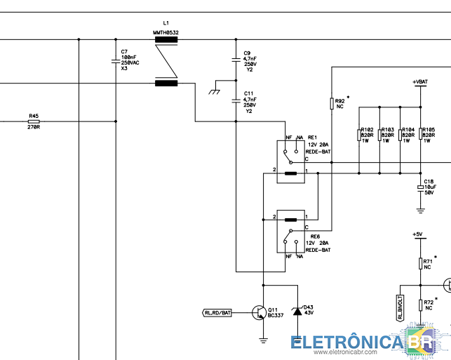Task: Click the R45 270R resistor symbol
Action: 34,121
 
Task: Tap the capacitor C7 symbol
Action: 116,61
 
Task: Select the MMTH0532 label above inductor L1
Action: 166,32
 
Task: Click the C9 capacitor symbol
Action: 236,60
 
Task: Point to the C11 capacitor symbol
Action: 236,100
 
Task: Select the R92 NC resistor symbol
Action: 332,104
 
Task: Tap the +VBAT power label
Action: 420,82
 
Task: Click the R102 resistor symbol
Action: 359,135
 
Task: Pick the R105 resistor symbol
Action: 421,134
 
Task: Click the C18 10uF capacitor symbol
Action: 421,188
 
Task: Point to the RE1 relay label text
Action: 312,138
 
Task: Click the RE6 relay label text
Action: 315,236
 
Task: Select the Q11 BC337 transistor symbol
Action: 259,312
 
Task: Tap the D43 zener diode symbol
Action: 297,311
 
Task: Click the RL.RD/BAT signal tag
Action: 217,312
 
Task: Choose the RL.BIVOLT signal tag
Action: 400,308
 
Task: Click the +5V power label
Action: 417,234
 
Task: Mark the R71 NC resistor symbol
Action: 421,264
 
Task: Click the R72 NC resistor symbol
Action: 421,305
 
